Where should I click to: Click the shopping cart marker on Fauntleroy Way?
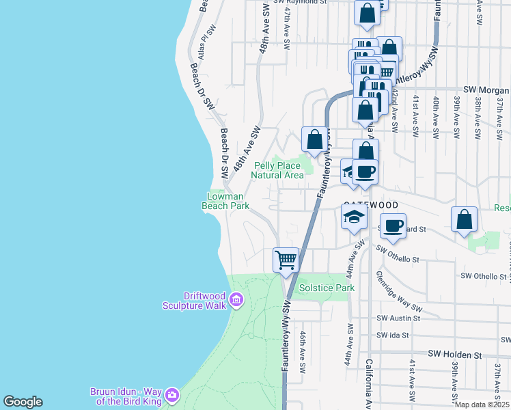tap(286, 260)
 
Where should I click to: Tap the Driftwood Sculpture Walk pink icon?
tap(236, 299)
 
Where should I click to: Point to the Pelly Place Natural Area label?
tap(277, 170)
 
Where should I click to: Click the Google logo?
tap(23, 402)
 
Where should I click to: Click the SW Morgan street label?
tap(486, 90)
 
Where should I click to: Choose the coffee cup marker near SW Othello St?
tap(393, 225)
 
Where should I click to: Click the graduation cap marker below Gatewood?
tap(354, 218)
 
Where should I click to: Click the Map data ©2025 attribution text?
tap(482, 405)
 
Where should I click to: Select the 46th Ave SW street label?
tap(303, 353)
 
